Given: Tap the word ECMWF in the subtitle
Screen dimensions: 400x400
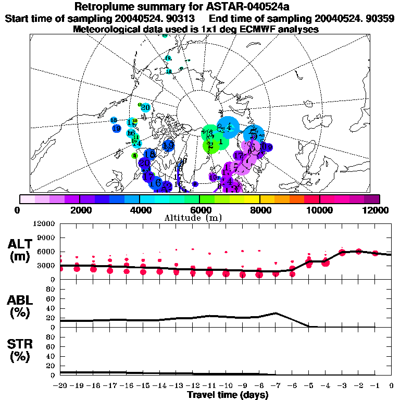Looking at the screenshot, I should (256, 29).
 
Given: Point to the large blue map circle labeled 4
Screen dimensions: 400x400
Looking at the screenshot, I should (228, 127).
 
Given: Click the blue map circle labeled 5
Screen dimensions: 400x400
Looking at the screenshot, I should (254, 135).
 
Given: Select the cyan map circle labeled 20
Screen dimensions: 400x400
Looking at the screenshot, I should (145, 108).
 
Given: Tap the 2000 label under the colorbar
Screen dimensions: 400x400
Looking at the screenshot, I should (79, 210).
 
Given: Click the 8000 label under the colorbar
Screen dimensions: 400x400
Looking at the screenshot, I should (259, 210).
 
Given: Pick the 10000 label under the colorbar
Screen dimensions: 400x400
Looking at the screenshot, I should (320, 210).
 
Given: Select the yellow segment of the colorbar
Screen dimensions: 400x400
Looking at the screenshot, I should (252, 199).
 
